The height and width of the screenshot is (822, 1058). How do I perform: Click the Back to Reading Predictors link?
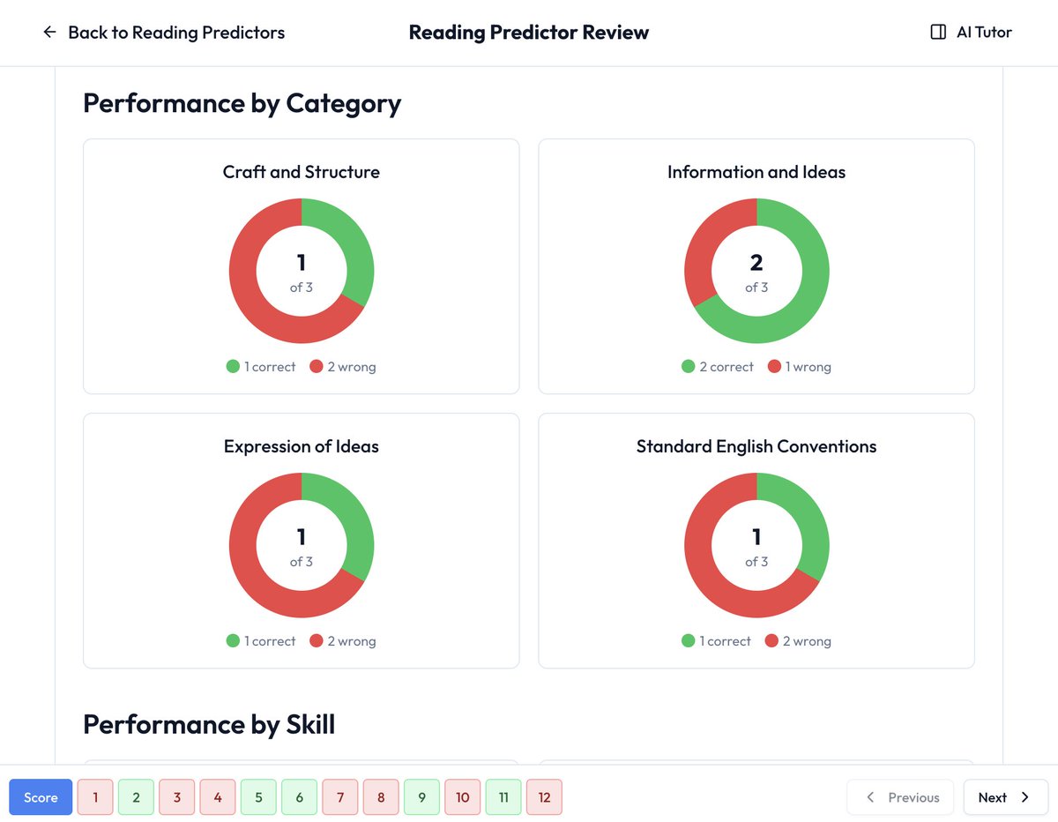click(x=164, y=33)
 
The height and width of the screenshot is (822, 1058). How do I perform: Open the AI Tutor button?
click(x=971, y=33)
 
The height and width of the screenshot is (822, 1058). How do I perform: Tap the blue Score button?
click(x=41, y=797)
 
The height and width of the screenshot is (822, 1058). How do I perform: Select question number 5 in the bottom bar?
click(x=258, y=797)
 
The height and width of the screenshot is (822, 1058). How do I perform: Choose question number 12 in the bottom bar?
click(x=544, y=797)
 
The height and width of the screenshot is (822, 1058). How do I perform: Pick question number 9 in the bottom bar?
click(x=421, y=797)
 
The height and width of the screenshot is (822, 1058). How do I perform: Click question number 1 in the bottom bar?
click(x=95, y=797)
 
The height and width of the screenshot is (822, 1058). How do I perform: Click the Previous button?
click(x=900, y=797)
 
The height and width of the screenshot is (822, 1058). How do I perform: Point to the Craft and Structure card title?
click(x=302, y=172)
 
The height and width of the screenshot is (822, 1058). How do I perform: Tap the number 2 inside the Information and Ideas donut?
click(x=756, y=262)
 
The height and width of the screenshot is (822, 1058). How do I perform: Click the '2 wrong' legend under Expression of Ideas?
click(x=343, y=641)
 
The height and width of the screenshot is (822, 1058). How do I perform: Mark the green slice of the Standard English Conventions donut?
click(x=808, y=520)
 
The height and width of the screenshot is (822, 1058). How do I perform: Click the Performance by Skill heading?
click(x=209, y=725)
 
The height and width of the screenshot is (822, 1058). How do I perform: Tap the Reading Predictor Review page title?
click(x=529, y=33)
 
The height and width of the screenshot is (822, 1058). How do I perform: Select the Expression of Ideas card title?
click(x=302, y=446)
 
